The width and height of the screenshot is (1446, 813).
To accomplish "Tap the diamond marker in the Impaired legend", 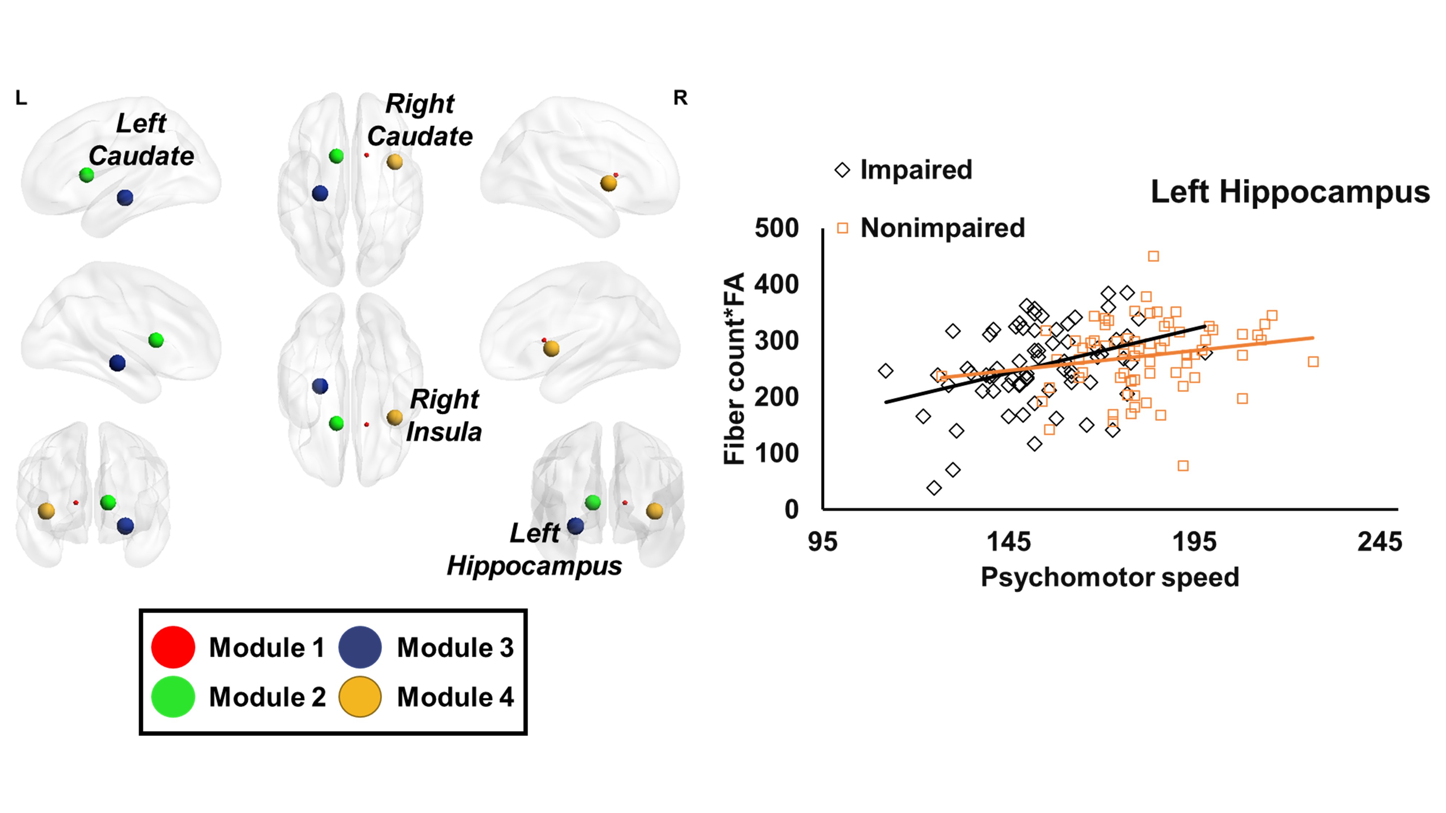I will [842, 169].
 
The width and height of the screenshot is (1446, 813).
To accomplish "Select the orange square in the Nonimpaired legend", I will [842, 228].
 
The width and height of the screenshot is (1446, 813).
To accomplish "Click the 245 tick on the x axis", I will [1379, 542].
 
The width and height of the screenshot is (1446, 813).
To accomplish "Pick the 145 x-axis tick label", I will [1009, 542].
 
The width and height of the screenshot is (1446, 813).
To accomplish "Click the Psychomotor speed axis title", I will [1110, 577].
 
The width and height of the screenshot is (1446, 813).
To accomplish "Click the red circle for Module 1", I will [173, 647].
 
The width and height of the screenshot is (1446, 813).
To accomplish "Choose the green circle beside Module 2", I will [173, 696].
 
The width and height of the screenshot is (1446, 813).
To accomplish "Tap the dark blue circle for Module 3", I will [360, 647].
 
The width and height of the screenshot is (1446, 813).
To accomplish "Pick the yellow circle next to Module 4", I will [360, 696].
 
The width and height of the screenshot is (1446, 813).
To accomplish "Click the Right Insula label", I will [444, 416].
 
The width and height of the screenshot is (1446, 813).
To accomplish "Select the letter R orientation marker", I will [680, 98].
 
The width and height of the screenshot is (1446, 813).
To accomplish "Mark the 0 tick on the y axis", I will [791, 509].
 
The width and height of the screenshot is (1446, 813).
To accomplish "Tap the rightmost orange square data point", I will [1313, 362].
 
